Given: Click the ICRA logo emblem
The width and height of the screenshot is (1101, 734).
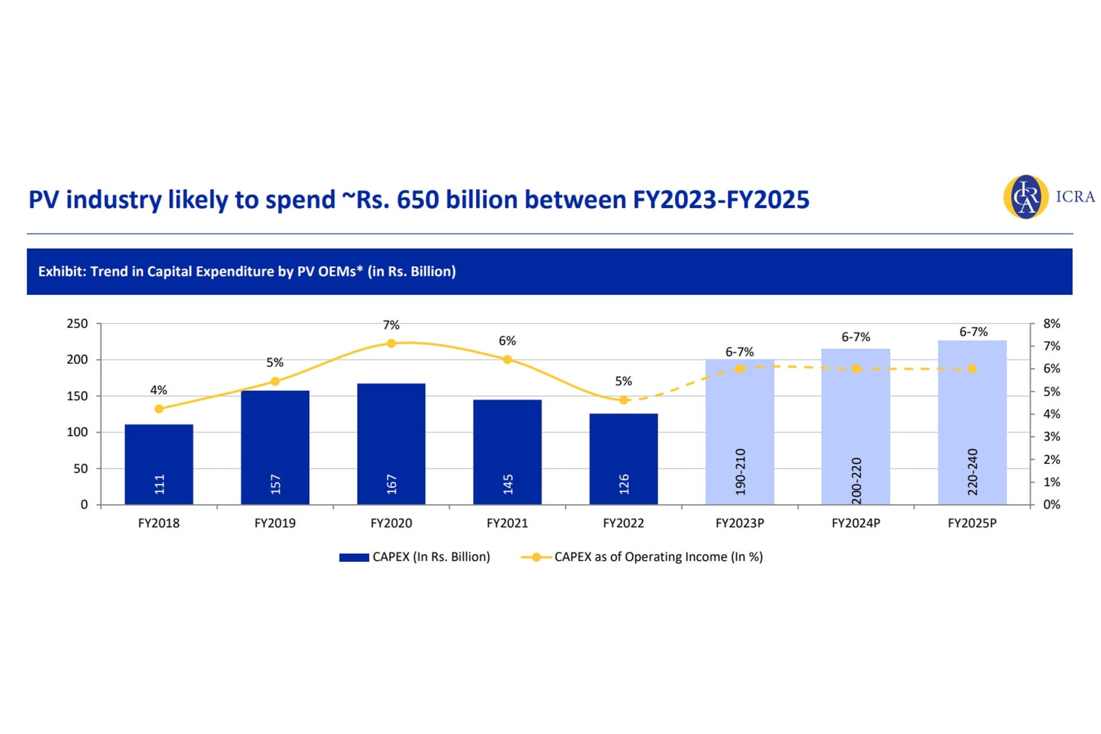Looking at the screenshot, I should tap(1026, 197).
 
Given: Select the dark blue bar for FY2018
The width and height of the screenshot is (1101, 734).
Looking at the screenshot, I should tap(159, 464).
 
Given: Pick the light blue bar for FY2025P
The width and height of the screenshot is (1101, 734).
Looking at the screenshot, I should tap(972, 422).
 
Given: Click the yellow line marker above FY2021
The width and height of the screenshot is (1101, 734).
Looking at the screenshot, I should tap(507, 360).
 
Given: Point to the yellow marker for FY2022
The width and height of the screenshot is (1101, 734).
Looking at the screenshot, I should tap(623, 400).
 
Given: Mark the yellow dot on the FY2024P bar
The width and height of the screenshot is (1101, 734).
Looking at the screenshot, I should tap(856, 369).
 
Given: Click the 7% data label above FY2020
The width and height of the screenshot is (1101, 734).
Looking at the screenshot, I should tap(391, 325).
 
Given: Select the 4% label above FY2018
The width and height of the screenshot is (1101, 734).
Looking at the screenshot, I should tap(159, 390).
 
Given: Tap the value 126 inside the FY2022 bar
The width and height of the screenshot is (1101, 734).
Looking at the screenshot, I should tap(624, 484).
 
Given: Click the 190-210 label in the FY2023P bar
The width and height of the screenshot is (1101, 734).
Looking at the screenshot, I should tap(740, 471).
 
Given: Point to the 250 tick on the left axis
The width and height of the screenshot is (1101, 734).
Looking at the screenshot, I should tap(77, 323).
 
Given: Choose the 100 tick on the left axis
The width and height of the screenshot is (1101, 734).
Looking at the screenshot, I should tap(77, 432).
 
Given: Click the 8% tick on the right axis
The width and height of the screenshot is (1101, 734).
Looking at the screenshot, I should tap(1052, 323).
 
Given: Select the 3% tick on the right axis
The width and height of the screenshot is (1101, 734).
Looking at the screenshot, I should tap(1052, 436).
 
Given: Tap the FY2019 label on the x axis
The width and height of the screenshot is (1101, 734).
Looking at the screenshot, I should tap(275, 523).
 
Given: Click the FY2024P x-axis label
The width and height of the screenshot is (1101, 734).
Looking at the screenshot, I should tap(856, 523).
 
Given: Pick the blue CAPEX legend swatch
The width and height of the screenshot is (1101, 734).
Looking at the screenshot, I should tap(354, 557).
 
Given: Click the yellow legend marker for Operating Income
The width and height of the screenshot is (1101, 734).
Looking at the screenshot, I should tap(536, 557).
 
